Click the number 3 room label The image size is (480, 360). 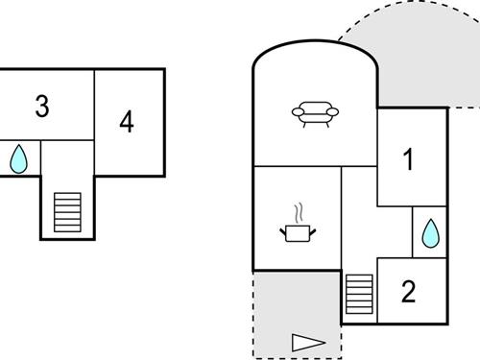coord(41,107)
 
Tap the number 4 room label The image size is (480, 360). coord(127,122)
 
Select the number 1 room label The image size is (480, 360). coord(408,160)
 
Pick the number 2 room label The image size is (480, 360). coord(408,291)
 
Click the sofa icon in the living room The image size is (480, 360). coord(316,114)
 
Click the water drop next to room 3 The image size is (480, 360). coord(19,159)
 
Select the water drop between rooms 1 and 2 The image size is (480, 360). coord(430,232)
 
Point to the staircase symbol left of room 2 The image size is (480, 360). coord(359,294)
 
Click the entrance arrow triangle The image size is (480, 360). coord(308,341)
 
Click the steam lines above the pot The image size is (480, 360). coord(299,211)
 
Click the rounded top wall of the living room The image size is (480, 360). coord(314,46)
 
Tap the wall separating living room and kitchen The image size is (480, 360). coord(298,166)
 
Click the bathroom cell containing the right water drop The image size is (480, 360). coord(430,231)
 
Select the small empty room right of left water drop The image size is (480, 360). coord(67,159)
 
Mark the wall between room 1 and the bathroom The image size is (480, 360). coord(412,206)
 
